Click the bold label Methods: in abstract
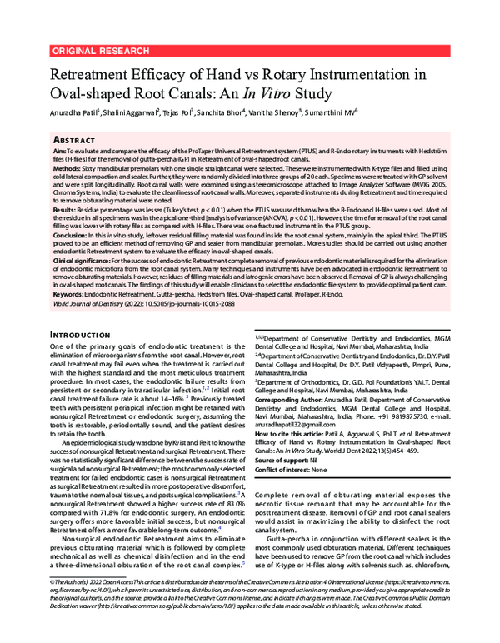tap(67, 167)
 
